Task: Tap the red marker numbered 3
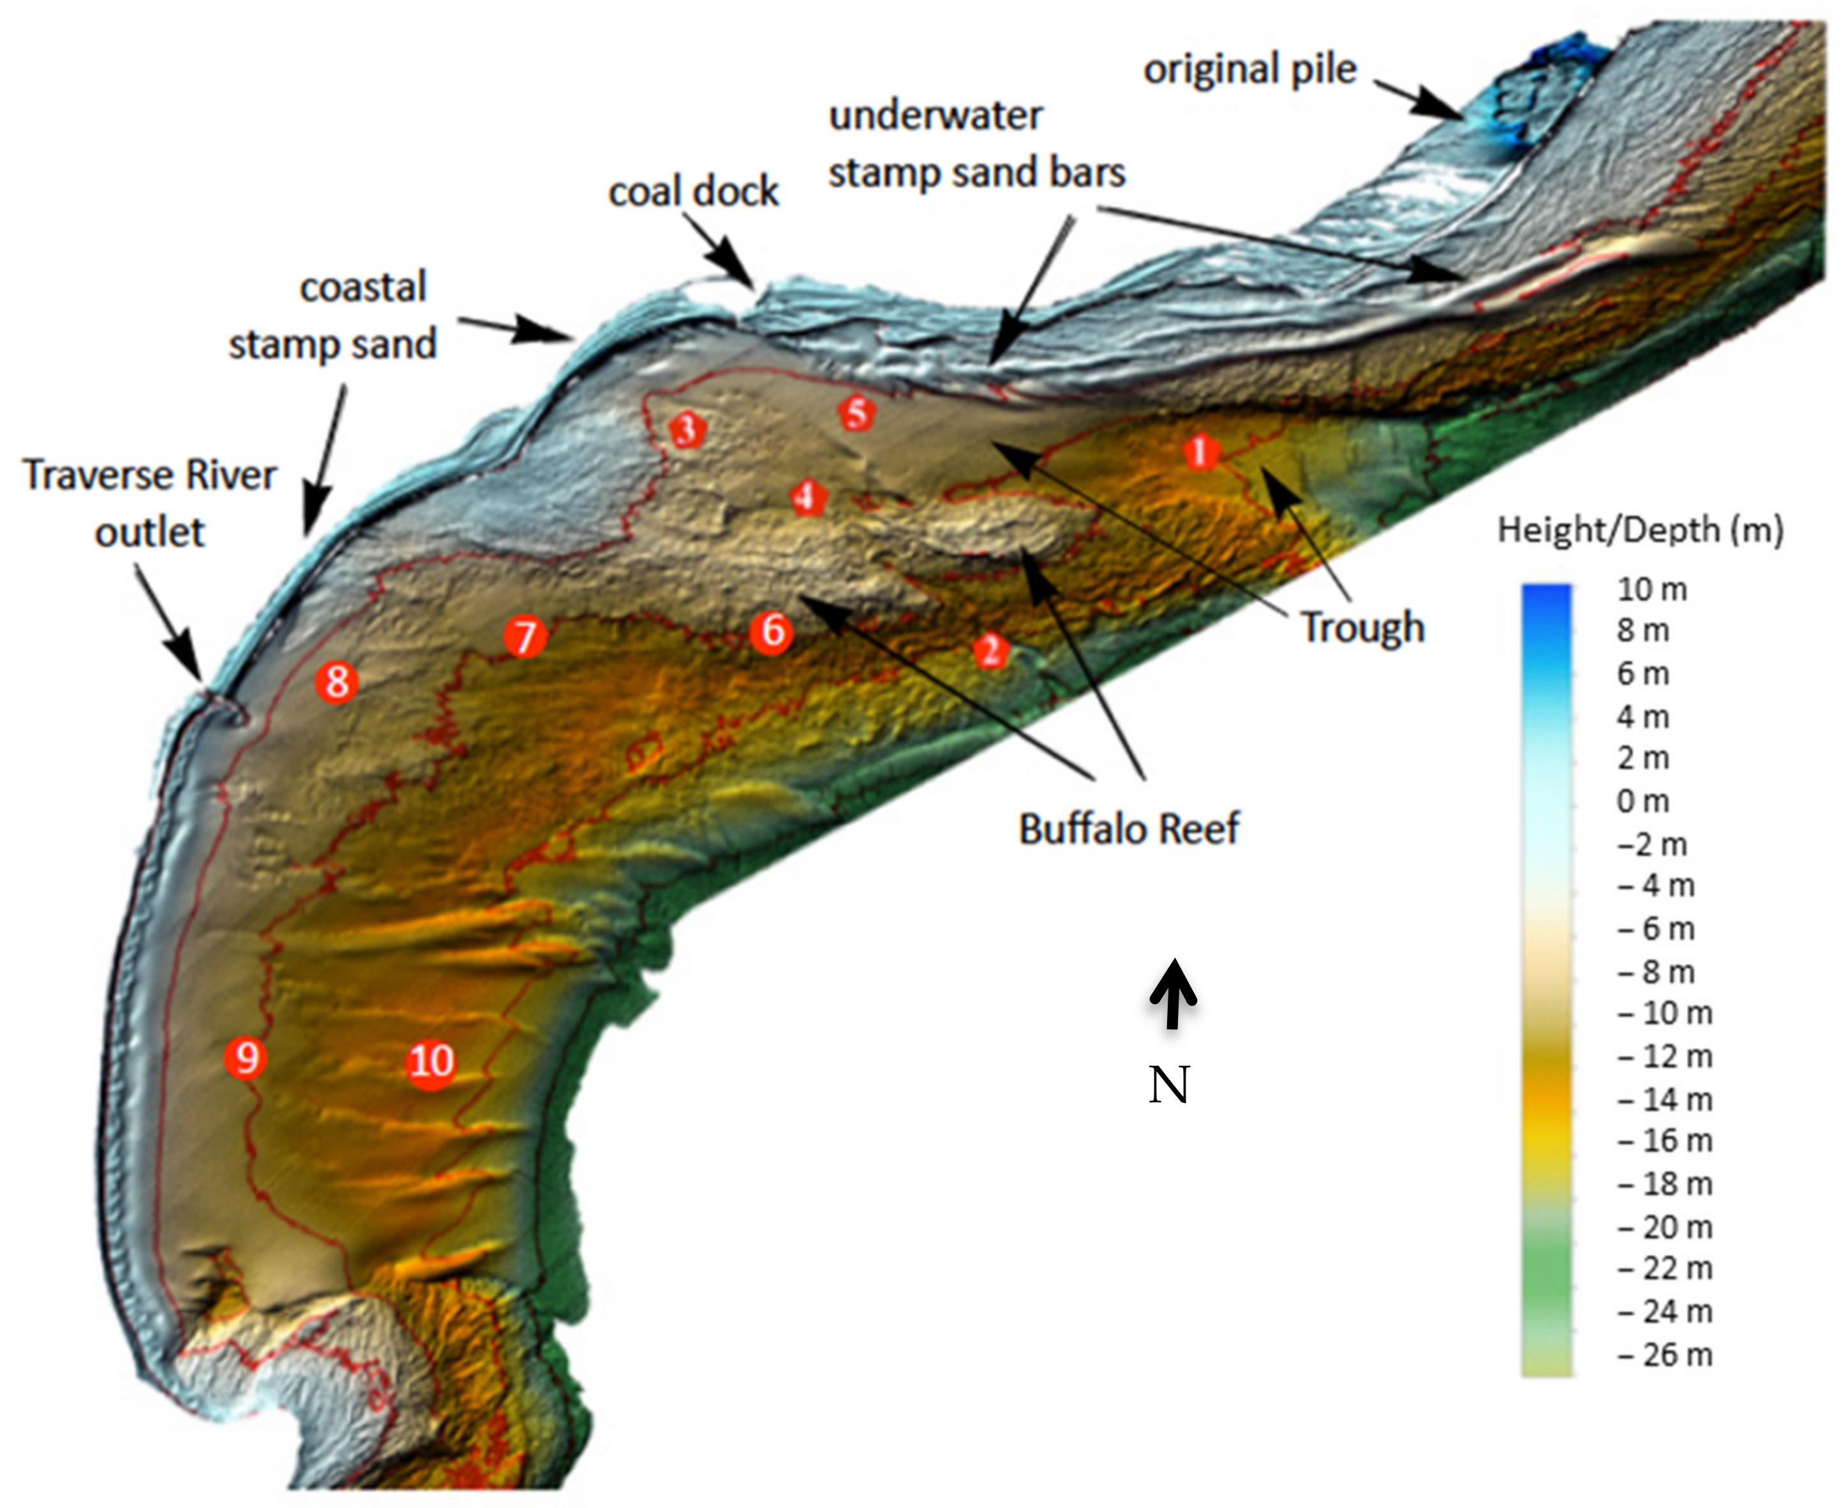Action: [687, 429]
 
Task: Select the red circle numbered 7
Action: [525, 637]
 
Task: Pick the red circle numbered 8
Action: [337, 681]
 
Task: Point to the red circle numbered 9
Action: [245, 1057]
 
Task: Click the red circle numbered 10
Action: [431, 1061]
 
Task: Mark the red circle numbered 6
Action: [771, 631]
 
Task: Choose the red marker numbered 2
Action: [990, 650]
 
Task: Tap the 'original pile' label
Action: [1249, 70]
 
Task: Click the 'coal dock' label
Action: [694, 192]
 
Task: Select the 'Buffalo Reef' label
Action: [1129, 829]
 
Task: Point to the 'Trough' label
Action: [1362, 627]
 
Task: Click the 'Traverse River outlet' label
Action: [149, 503]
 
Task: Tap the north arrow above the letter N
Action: [1173, 994]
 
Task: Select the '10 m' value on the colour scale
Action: [1651, 590]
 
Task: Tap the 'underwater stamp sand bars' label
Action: [976, 144]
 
